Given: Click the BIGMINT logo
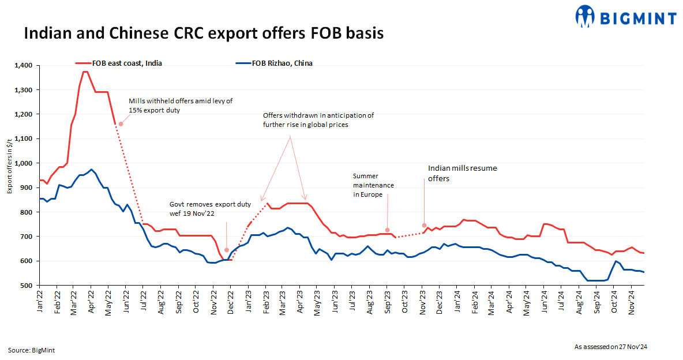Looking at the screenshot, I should [626, 17].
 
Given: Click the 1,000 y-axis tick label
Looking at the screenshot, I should [25, 163].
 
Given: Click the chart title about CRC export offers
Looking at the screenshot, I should [203, 34].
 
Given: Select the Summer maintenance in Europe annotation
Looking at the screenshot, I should [374, 186].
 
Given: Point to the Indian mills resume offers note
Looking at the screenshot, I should [462, 173].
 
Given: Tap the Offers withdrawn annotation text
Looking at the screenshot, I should [318, 120].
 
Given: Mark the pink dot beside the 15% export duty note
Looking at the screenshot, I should [121, 123].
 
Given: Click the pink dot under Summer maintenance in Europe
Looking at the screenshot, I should [388, 230].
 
